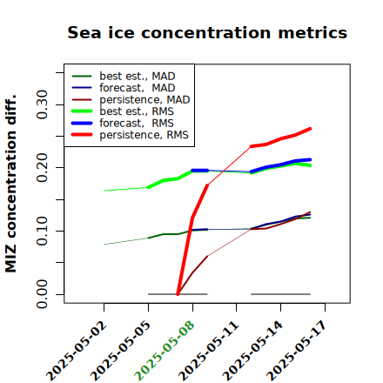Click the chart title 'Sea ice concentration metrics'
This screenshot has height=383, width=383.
click(x=207, y=32)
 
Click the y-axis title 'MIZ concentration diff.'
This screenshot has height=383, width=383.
click(x=10, y=184)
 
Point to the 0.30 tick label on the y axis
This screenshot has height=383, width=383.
click(x=42, y=104)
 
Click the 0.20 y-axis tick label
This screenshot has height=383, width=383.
click(x=42, y=167)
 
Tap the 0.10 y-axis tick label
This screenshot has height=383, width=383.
click(x=42, y=231)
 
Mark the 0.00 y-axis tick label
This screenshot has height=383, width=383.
click(x=42, y=294)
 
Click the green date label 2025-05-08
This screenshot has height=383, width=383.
click(x=165, y=351)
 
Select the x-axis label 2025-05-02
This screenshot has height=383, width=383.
click(x=76, y=351)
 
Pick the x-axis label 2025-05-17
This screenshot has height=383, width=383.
click(x=297, y=351)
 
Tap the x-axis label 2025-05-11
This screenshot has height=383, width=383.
click(x=208, y=351)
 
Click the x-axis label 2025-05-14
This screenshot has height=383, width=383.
click(x=252, y=351)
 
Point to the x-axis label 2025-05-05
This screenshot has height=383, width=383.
click(x=120, y=351)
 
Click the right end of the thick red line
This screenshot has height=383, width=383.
click(x=310, y=129)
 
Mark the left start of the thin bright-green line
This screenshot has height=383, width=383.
click(x=104, y=191)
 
